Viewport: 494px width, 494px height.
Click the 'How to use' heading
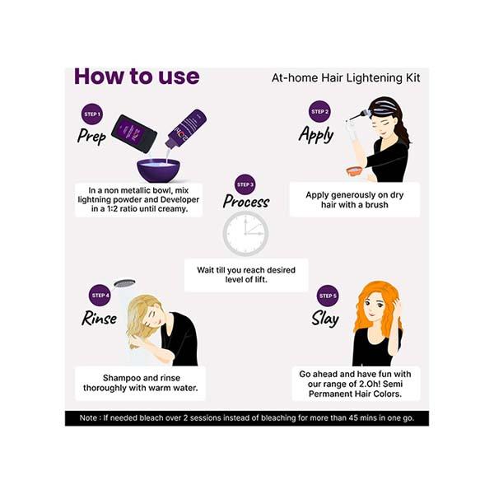[137, 77]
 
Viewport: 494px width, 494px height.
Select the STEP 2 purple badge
[319, 111]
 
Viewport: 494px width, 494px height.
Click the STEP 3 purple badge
[245, 184]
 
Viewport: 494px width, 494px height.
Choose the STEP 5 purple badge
[327, 296]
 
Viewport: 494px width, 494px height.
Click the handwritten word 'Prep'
[91, 136]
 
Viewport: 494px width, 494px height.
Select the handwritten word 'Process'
[245, 202]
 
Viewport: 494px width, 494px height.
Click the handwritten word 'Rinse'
[99, 317]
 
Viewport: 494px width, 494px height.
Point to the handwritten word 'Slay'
[325, 318]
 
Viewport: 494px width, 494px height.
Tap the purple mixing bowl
[158, 170]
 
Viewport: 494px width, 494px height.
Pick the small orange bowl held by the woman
[355, 171]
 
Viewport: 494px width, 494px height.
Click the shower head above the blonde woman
[124, 283]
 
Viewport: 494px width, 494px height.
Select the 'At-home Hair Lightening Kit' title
[346, 78]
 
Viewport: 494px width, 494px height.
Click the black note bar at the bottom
[247, 418]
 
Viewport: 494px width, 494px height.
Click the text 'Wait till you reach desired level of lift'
[246, 275]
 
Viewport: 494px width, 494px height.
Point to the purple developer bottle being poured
[187, 129]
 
